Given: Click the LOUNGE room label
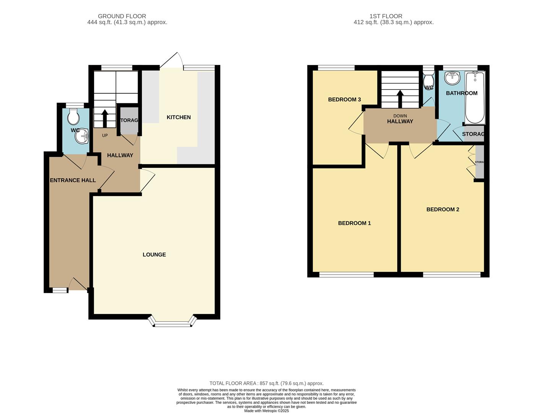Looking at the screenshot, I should pos(154,255).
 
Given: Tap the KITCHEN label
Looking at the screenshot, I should pos(179,117).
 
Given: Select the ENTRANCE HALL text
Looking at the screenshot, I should pos(73,180).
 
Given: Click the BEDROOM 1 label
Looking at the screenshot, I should pos(354,223).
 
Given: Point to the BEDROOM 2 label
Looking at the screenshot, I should pos(442,209).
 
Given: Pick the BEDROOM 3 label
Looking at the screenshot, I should pos(344,99).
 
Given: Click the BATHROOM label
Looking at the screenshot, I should pos(461,93).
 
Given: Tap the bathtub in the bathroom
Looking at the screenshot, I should pos(474,98).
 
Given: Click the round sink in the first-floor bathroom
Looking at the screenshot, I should pos(453,78).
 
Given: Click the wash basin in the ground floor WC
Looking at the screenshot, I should pos(82,136).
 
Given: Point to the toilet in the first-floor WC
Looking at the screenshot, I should pos(429,79).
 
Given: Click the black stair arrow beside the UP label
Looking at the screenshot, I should pos(104,117).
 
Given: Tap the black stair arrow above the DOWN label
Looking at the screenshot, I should pos(400,99).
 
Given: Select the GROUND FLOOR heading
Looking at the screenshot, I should pos(122,16).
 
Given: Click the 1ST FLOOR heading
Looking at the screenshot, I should pos(385,16).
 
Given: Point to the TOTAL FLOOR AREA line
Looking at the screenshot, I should pos(266,383).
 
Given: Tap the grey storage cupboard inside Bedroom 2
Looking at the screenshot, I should pos(479,162).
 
